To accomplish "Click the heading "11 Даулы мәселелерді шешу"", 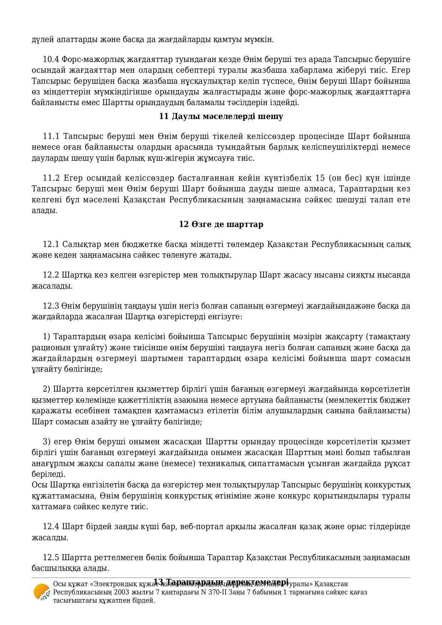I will click(221, 117).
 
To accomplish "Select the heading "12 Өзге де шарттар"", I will click(221, 224).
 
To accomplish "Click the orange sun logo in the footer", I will click(42, 592).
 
